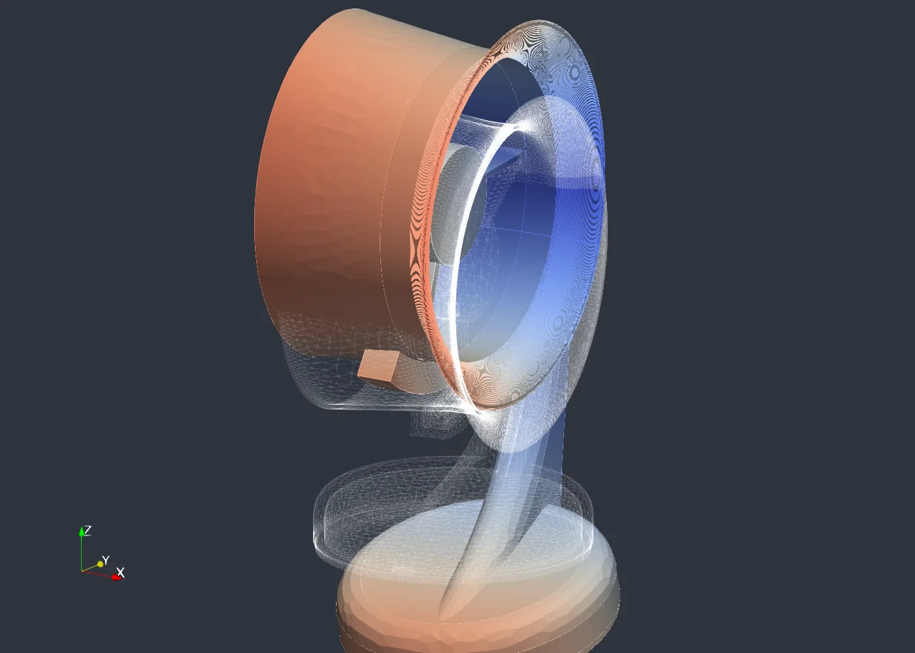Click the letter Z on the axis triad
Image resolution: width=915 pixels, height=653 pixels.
coord(88,530)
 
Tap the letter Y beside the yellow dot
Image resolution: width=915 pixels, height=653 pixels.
coord(106,560)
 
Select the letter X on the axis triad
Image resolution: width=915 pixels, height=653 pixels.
coord(120,572)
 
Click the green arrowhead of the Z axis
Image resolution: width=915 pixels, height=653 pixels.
coord(82,530)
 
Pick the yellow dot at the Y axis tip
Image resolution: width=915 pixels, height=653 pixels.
coord(100,564)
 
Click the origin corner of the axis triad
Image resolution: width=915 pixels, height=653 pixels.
coord(82,571)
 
